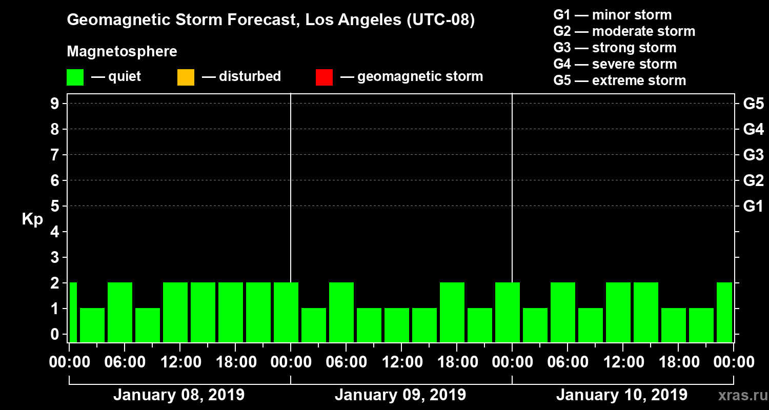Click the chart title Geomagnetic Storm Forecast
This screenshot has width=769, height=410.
click(271, 20)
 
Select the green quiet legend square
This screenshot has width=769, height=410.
click(75, 77)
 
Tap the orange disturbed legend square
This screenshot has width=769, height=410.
click(186, 77)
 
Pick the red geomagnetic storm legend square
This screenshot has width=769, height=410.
click(324, 77)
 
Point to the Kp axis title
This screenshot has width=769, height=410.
click(32, 219)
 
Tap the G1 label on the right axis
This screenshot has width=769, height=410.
click(753, 207)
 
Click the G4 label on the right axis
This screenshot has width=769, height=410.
click(753, 129)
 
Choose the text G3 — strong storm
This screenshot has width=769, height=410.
click(615, 48)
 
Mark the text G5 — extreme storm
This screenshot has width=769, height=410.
click(619, 80)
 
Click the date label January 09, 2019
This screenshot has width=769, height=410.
click(400, 395)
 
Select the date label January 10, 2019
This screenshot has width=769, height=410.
click(622, 395)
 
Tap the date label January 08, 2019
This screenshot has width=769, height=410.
click(179, 395)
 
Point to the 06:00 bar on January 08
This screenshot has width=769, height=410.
click(120, 312)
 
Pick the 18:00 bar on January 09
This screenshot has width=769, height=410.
click(452, 312)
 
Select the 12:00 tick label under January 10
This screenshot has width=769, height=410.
click(622, 362)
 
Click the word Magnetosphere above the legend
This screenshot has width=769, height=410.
click(122, 52)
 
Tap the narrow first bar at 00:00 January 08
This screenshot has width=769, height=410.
click(73, 312)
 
